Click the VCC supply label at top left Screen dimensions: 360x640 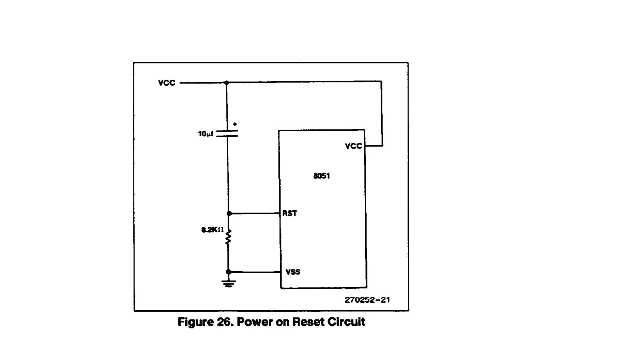(167, 83)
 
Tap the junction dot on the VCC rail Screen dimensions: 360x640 (227, 83)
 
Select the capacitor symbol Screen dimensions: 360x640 (227, 133)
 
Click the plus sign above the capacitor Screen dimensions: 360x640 (235, 124)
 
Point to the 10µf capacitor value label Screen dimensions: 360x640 (205, 134)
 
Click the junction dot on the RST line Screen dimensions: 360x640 (229, 213)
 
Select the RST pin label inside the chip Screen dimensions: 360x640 (290, 213)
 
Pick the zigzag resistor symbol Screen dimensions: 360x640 (228, 237)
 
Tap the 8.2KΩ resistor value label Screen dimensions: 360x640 (212, 230)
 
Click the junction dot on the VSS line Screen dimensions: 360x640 (229, 272)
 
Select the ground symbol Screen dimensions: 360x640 (229, 283)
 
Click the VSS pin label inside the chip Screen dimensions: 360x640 (293, 272)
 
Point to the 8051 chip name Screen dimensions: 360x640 (322, 176)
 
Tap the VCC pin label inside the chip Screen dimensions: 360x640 (353, 146)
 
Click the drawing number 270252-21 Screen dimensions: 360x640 (367, 300)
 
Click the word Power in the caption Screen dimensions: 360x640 (254, 322)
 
